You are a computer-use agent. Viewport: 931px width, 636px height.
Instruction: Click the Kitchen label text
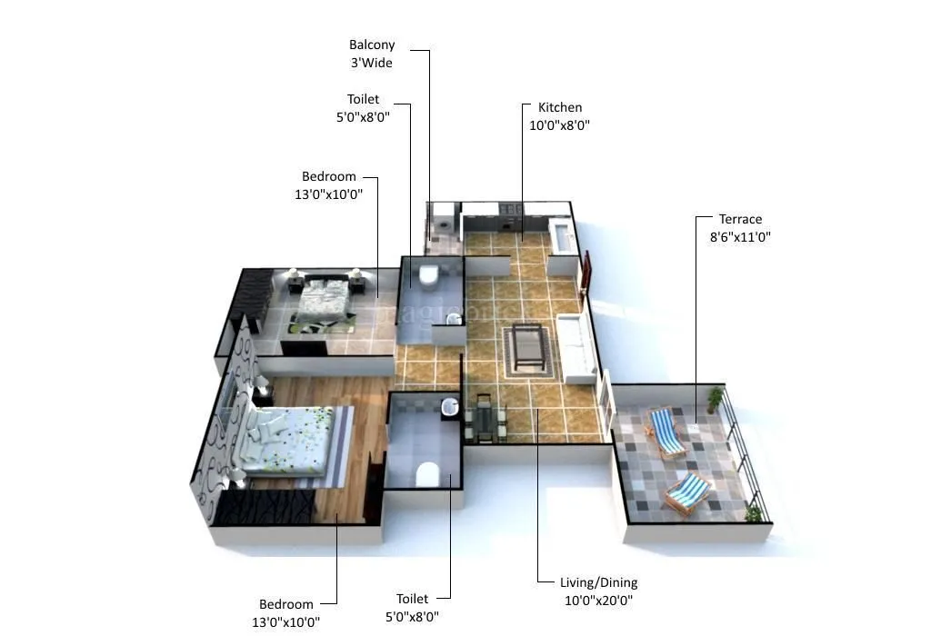pyautogui.click(x=559, y=108)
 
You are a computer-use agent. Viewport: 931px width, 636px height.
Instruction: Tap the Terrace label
pyautogui.click(x=740, y=220)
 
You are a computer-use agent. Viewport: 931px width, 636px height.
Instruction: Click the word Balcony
pyautogui.click(x=371, y=45)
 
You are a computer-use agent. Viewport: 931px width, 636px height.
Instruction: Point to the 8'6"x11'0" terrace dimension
pyautogui.click(x=739, y=237)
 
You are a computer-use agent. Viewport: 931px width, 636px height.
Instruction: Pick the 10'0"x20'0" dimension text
pyautogui.click(x=598, y=600)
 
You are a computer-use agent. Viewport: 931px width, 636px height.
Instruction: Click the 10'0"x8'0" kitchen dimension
pyautogui.click(x=559, y=126)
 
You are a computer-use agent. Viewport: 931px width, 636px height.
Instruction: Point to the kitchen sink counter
pyautogui.click(x=562, y=234)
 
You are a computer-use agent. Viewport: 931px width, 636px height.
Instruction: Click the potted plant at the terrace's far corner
pyautogui.click(x=716, y=398)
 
